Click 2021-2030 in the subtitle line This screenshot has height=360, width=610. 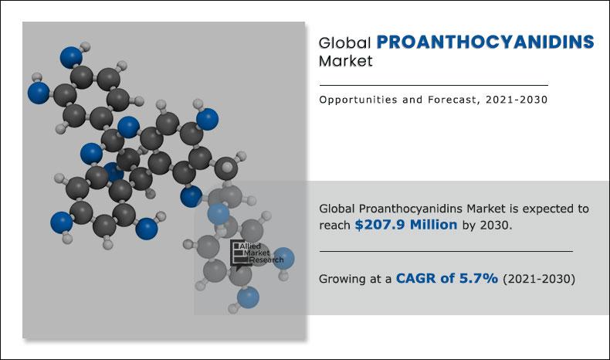tap(518, 100)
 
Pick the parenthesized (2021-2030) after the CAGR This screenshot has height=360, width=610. tap(538, 279)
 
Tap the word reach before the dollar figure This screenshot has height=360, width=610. tap(335, 225)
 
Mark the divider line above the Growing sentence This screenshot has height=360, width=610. tap(446, 251)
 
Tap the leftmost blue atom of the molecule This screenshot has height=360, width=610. tap(38, 93)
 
